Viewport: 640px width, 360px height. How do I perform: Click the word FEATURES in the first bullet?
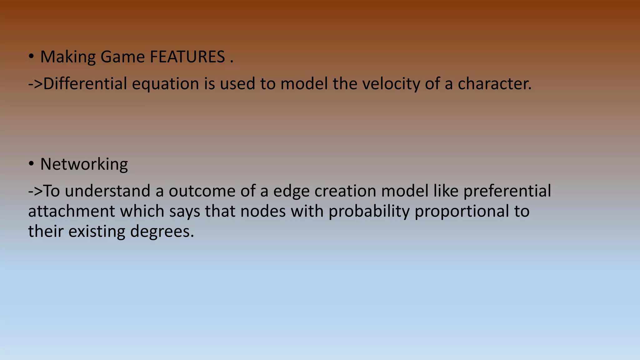click(x=187, y=57)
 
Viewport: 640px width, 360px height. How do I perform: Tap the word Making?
click(x=68, y=57)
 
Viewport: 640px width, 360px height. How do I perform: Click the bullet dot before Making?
click(x=31, y=57)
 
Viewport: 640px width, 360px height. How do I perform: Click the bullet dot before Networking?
click(x=31, y=164)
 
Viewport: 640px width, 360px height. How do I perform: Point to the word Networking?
click(x=84, y=164)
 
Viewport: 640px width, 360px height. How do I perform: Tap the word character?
click(x=494, y=84)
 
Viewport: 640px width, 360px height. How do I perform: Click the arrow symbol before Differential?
click(x=35, y=84)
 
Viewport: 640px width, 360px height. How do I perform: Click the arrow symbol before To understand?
click(x=35, y=191)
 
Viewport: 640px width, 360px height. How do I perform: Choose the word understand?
click(x=107, y=191)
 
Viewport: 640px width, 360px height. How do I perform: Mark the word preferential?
click(x=507, y=191)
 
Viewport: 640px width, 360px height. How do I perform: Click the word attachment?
click(x=72, y=211)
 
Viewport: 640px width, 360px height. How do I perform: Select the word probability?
click(x=369, y=211)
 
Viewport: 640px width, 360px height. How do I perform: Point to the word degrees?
click(x=162, y=232)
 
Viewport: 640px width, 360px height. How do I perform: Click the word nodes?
click(x=263, y=211)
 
